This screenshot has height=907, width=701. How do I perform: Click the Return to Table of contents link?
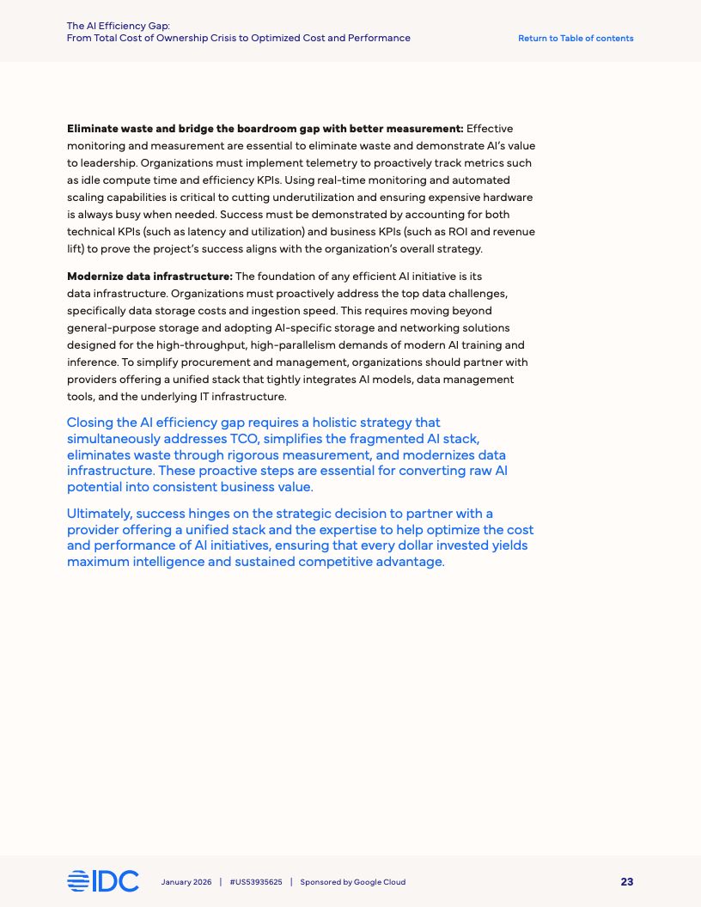click(576, 39)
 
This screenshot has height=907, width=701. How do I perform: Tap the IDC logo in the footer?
click(103, 881)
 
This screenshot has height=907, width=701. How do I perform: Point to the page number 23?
click(627, 882)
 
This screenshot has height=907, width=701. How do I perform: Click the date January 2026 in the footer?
click(186, 882)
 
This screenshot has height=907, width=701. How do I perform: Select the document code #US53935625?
click(256, 882)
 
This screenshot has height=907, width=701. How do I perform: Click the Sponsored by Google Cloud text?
click(352, 882)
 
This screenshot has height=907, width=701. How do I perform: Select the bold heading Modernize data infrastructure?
click(149, 276)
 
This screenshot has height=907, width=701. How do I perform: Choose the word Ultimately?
click(99, 514)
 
